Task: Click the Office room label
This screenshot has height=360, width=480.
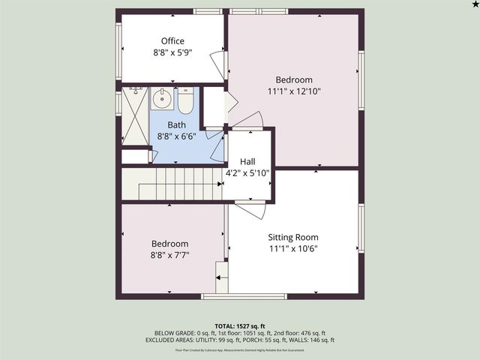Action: click(172, 41)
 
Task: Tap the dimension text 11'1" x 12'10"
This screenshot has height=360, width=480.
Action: click(294, 91)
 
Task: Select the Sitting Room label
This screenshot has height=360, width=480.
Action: click(294, 236)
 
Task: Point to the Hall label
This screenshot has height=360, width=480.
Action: click(247, 161)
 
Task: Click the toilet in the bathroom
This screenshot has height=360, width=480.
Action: click(185, 99)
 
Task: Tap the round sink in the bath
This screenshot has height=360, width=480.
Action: click(161, 97)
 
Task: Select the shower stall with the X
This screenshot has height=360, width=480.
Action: click(135, 116)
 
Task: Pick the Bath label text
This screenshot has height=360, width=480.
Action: click(176, 125)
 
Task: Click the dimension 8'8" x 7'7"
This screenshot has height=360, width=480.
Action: click(171, 255)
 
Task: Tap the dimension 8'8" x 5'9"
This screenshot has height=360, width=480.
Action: click(172, 53)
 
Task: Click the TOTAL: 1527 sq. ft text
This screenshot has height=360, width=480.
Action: click(240, 325)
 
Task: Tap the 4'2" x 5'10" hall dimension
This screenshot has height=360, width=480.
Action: click(247, 172)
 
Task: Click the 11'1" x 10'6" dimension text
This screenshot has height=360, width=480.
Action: click(294, 249)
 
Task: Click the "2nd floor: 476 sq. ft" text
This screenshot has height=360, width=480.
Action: click(300, 333)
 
